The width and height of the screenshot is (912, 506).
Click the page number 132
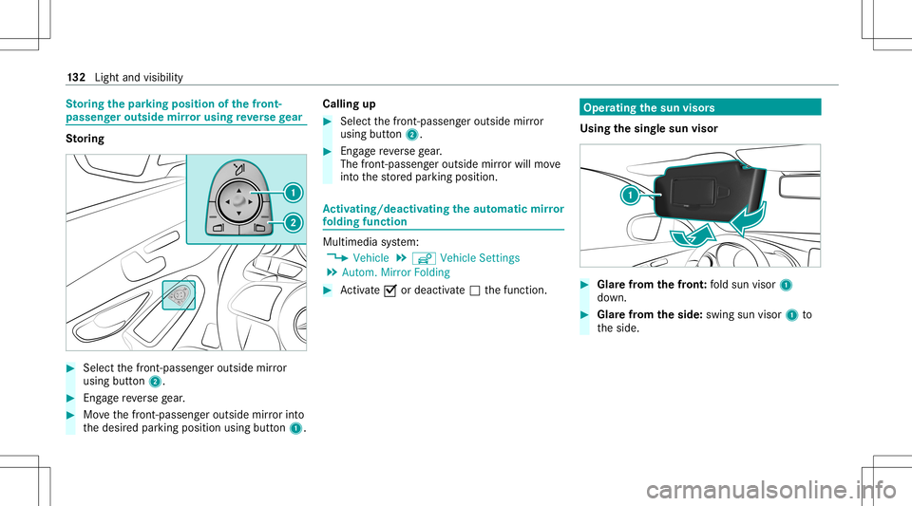(76, 77)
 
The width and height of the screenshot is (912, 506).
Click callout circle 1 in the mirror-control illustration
(294, 193)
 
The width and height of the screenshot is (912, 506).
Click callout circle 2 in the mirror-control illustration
(294, 222)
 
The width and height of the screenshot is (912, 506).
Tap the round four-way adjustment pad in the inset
(238, 201)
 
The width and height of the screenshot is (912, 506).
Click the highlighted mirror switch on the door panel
(180, 295)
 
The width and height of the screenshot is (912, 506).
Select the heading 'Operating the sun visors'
(649, 107)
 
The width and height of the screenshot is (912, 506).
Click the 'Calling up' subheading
(349, 104)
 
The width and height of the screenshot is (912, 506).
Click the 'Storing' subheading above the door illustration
(85, 139)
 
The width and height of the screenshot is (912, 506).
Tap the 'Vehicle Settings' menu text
(480, 258)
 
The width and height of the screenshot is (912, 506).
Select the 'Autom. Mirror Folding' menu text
(396, 272)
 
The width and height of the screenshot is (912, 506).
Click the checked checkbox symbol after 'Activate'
(390, 290)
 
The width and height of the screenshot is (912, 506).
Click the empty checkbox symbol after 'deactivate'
(475, 290)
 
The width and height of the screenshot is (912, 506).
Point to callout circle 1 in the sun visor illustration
(630, 196)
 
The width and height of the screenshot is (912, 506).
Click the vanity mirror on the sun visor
(693, 193)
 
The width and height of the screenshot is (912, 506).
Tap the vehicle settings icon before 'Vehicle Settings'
(424, 258)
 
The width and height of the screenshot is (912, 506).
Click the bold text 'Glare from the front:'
(652, 285)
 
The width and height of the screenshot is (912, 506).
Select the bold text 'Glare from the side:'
(650, 315)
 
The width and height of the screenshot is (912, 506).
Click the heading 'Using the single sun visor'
(649, 128)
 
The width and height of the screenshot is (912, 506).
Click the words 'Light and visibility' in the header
(139, 77)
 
